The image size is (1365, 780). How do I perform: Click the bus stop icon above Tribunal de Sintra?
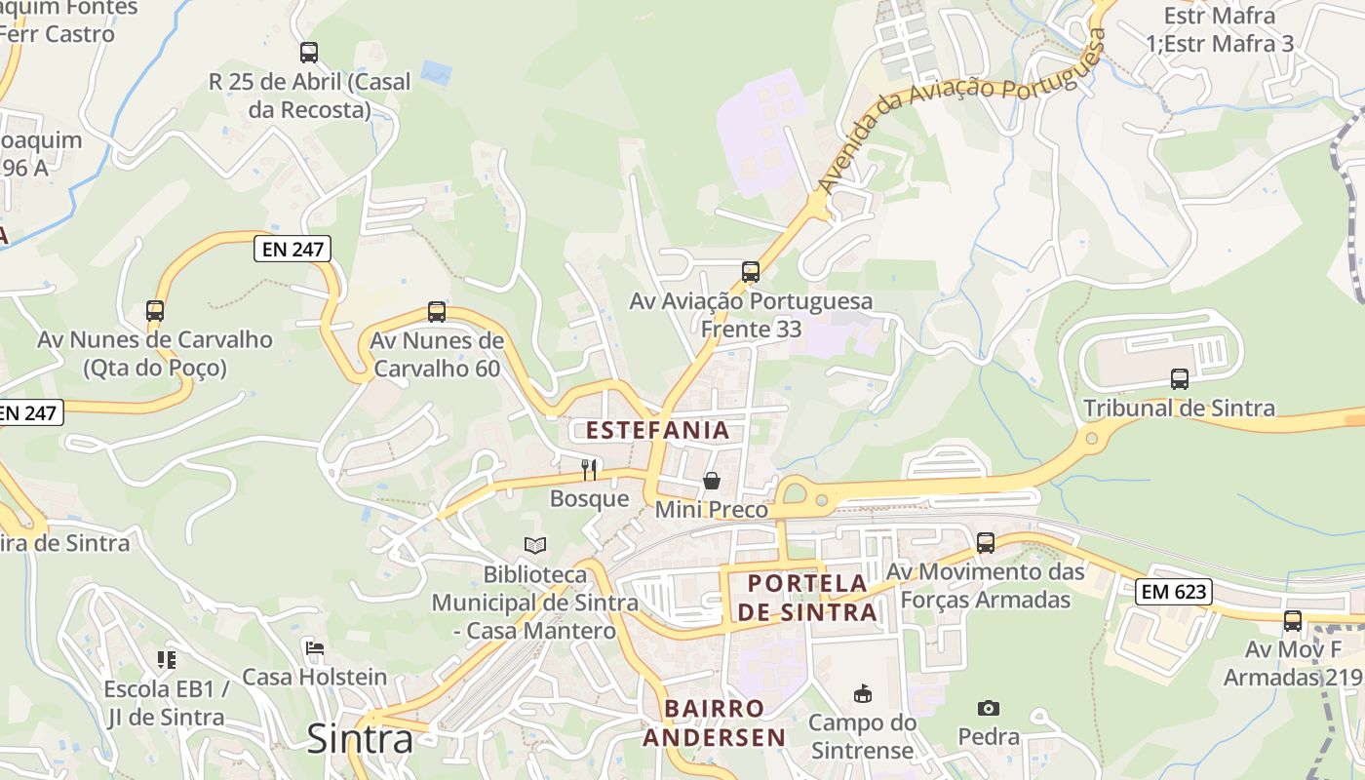point(1180,378)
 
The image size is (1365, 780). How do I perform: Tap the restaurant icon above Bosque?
point(589,470)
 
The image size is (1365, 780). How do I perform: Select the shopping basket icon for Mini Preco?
point(712,481)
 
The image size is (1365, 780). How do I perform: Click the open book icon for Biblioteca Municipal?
point(534,545)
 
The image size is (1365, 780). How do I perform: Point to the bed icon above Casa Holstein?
point(314,647)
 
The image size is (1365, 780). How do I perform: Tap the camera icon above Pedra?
point(989,708)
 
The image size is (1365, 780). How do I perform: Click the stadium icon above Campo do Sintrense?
point(863,694)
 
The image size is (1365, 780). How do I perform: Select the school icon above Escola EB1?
point(167,660)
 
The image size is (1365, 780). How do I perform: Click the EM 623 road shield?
point(1174,591)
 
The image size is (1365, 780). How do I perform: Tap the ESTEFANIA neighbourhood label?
point(657,430)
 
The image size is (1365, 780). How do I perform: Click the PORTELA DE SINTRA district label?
point(806,598)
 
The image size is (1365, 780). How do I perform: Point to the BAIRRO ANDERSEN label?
point(715,722)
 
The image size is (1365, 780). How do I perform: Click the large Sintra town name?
point(360,739)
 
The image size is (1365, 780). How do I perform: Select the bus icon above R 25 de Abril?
point(309,53)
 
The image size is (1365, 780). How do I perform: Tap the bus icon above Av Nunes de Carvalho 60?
point(437,312)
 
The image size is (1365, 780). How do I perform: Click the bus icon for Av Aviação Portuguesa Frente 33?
point(751,272)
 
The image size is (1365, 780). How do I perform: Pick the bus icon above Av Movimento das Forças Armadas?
point(986,542)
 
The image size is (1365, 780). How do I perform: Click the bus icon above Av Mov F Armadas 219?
point(1293,620)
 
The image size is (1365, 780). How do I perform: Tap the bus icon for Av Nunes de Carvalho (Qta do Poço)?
point(155,311)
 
